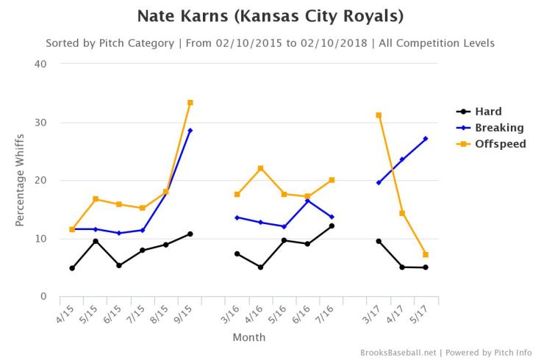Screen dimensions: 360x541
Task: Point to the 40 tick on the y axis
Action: [40, 64]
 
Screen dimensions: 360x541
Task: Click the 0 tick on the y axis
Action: [43, 297]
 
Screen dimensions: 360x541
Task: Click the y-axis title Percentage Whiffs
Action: [20, 180]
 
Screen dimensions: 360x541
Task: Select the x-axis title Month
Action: [249, 338]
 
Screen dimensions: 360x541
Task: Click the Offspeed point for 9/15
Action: [190, 102]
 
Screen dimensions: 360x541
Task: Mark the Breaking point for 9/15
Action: [190, 131]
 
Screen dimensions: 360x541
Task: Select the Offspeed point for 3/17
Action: [379, 115]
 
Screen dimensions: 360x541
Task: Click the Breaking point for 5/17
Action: [426, 139]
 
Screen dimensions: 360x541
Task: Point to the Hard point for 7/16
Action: [332, 226]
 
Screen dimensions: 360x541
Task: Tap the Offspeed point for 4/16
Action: [261, 168]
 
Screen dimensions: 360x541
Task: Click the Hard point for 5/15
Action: [96, 241]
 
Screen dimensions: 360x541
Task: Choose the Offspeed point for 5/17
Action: [426, 255]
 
